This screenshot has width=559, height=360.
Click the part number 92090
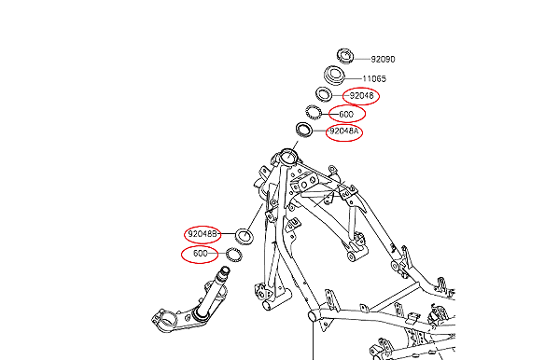[383, 57]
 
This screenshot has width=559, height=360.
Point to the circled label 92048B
[203, 234]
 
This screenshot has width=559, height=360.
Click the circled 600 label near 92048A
[346, 114]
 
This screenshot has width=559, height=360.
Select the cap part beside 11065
[335, 75]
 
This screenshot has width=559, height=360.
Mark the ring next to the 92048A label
[304, 129]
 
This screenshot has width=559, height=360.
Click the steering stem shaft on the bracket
[224, 281]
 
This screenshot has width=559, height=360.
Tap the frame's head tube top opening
[287, 153]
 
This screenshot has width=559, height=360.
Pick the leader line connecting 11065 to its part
[355, 77]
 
